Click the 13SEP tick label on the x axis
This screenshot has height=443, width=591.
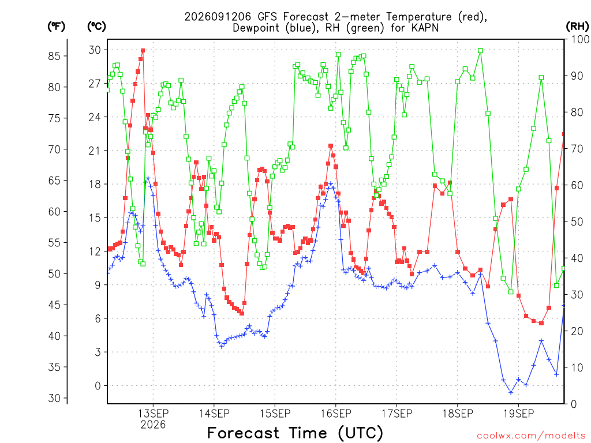(x=153, y=414)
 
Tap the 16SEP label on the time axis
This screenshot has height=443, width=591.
(x=336, y=414)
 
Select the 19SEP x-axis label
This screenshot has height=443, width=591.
(x=519, y=414)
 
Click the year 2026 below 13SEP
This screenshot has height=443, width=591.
(x=153, y=425)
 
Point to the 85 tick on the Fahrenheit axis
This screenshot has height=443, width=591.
(x=54, y=56)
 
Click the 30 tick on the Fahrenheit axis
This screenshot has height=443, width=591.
(x=54, y=398)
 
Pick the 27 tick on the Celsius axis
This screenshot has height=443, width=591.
(x=95, y=84)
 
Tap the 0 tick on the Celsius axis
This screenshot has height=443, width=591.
(x=98, y=386)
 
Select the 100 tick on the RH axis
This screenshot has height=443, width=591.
(x=580, y=39)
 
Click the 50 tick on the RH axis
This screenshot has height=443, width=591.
(x=577, y=221)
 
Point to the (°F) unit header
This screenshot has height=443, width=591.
(x=56, y=27)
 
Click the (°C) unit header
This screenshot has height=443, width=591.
(x=96, y=27)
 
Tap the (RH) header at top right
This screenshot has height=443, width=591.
(x=577, y=27)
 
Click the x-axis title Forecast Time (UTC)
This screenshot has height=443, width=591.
(x=295, y=433)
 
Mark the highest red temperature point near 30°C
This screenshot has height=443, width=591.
(x=143, y=51)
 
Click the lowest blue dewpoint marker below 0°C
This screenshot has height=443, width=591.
(x=511, y=392)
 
